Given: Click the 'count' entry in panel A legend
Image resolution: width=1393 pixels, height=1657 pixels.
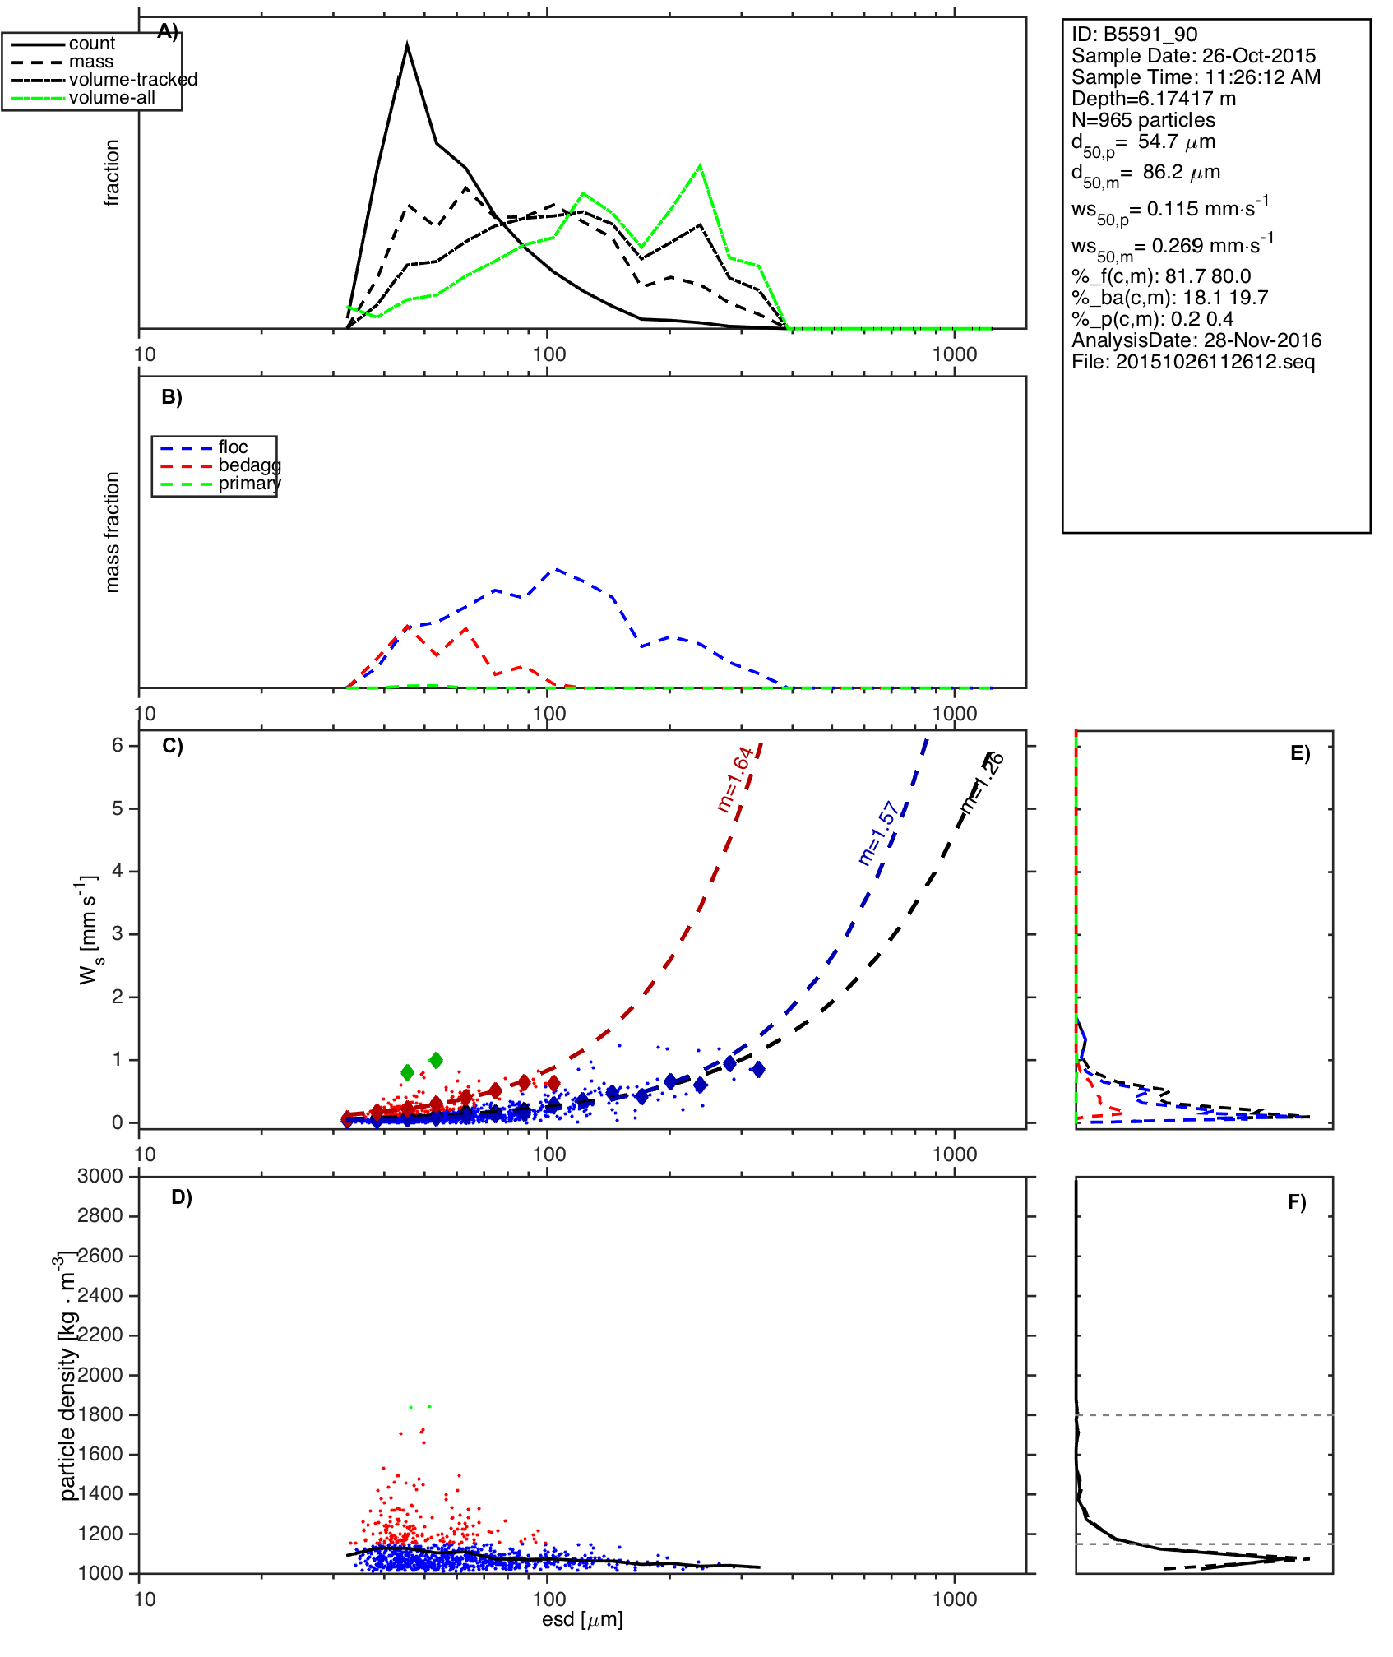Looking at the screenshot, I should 91,44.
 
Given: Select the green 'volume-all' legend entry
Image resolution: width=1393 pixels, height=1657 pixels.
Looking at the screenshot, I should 112,98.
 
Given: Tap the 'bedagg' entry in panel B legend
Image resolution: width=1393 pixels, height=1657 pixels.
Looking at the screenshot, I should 249,465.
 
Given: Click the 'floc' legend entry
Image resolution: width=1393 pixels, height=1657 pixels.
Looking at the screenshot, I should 233,447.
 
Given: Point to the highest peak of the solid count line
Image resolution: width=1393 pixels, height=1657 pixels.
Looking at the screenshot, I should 407,45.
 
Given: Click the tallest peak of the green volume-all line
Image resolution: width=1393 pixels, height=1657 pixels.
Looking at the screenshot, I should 700,166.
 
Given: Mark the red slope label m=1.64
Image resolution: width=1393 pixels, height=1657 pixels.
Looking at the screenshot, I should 734,779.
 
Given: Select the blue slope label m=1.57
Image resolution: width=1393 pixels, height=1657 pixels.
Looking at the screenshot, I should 878,833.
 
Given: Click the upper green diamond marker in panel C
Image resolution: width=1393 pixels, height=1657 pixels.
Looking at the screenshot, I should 436,1060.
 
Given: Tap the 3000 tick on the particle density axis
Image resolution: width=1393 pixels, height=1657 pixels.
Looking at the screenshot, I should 100,1176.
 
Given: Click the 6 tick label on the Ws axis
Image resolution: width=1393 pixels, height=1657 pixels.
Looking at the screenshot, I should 118,745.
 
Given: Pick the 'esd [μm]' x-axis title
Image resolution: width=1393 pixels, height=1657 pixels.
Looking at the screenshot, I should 582,1619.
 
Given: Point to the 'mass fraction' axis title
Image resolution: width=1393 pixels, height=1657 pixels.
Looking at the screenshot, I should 113,532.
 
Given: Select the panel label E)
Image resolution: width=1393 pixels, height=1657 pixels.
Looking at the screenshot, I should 1300,753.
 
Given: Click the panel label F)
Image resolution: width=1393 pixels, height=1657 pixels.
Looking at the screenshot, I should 1297,1202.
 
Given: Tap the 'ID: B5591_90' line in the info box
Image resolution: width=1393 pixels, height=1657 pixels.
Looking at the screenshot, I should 1134,35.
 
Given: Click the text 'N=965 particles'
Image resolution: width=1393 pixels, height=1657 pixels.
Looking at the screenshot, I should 1143,120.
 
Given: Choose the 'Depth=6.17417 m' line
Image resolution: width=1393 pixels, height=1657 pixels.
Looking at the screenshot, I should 1153,99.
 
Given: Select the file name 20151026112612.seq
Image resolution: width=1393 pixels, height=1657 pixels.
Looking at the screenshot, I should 1193,362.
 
